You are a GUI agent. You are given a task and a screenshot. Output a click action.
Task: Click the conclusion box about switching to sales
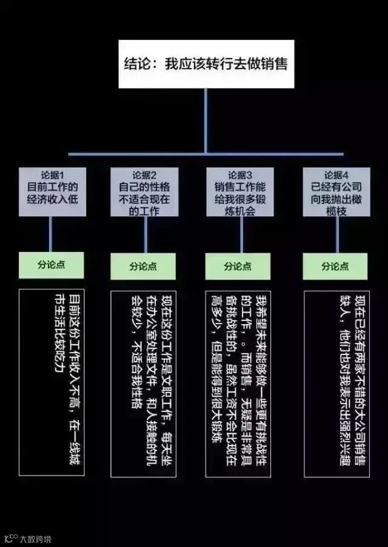206,64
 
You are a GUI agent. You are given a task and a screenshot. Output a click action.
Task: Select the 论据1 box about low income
51,190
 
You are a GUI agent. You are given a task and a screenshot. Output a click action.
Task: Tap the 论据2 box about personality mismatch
144,191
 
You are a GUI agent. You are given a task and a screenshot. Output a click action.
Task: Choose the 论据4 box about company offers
335,190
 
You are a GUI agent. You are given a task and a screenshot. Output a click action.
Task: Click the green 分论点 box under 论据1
51,265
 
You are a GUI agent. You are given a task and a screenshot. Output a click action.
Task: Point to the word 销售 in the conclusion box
274,64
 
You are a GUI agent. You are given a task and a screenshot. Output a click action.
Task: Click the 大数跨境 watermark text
36,538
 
